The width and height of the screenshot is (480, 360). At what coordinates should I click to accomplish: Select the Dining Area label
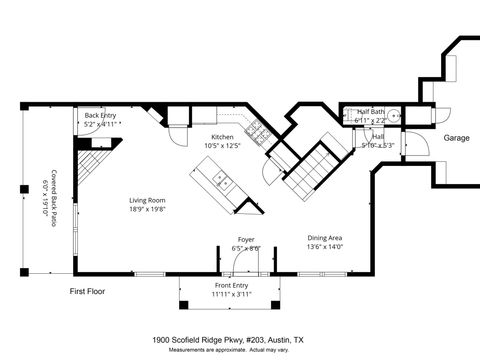tap(325, 238)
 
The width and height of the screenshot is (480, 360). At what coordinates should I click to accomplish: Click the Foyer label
tap(245, 240)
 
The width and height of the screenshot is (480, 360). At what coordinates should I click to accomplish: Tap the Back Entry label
tap(100, 116)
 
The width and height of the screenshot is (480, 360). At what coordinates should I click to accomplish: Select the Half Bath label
tap(371, 112)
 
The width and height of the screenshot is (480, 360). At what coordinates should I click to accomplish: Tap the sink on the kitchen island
tap(221, 181)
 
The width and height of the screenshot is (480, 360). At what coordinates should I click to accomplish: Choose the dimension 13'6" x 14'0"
tap(325, 247)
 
